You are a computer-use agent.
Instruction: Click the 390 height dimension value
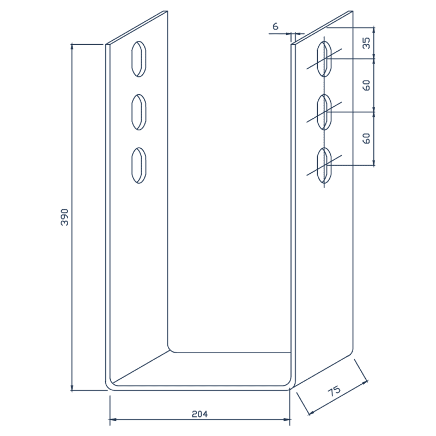coord(64,217)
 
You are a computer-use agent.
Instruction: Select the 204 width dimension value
coord(200,414)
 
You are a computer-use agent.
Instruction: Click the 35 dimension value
coord(367,43)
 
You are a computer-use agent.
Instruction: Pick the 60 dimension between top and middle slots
coord(367,85)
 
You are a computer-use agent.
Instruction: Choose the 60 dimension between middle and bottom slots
coord(367,138)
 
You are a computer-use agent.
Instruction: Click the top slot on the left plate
coord(139,58)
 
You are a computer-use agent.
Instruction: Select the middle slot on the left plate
coord(139,112)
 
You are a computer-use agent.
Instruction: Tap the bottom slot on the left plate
coord(139,165)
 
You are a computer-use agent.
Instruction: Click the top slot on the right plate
coord(325,59)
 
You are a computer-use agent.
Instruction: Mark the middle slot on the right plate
coord(325,112)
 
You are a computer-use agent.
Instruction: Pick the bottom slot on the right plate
coord(325,165)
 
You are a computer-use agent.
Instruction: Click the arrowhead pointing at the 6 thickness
coord(287,34)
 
